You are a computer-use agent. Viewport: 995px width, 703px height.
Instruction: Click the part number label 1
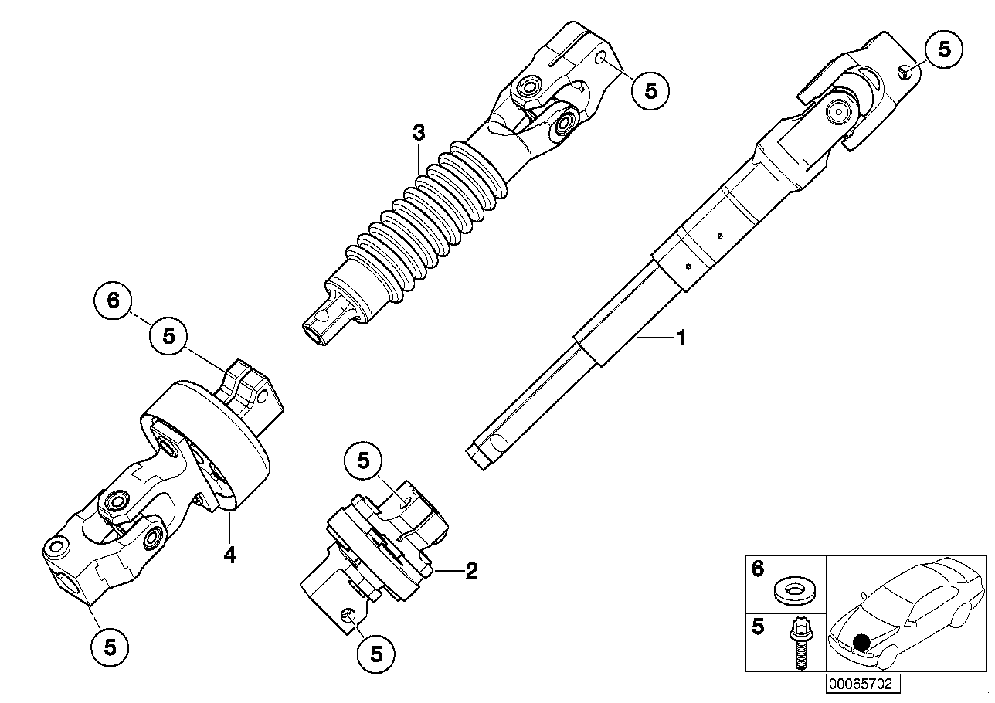(x=681, y=338)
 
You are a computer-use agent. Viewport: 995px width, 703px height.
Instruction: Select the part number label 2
(x=471, y=571)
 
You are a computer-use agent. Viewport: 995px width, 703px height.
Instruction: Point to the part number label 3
(x=419, y=132)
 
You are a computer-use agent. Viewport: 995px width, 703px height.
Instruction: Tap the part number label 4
(x=229, y=555)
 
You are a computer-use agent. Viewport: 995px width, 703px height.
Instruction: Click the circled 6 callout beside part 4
(x=113, y=301)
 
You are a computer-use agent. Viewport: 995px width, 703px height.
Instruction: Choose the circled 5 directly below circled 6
(x=168, y=336)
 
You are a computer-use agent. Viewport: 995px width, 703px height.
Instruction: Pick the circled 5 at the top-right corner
(x=944, y=49)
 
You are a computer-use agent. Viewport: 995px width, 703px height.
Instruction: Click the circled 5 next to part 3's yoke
(x=650, y=90)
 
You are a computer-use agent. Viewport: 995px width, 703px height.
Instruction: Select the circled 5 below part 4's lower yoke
(x=110, y=647)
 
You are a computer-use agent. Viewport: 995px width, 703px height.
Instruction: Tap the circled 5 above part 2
(x=363, y=460)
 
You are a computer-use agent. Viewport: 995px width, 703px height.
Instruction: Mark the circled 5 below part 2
(x=375, y=654)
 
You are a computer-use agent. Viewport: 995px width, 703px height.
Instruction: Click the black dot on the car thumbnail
(x=862, y=642)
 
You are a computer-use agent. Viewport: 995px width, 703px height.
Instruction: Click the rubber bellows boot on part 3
(x=426, y=222)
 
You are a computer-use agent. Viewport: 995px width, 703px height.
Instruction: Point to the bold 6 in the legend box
(x=757, y=569)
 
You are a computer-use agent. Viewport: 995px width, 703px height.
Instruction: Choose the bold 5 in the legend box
(x=757, y=627)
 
